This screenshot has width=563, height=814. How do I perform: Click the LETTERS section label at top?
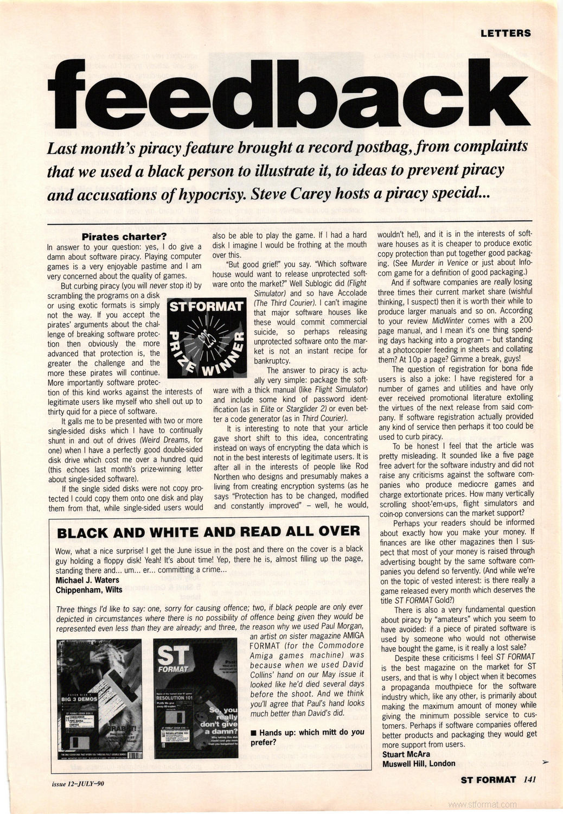[506, 33]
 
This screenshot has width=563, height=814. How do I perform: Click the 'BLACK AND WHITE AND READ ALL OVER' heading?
[209, 532]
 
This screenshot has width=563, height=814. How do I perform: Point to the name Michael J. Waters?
[87, 580]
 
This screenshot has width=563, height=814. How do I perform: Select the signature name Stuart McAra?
[406, 754]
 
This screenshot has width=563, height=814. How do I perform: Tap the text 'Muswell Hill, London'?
[419, 764]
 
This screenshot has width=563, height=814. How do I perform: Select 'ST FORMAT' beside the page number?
[488, 780]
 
